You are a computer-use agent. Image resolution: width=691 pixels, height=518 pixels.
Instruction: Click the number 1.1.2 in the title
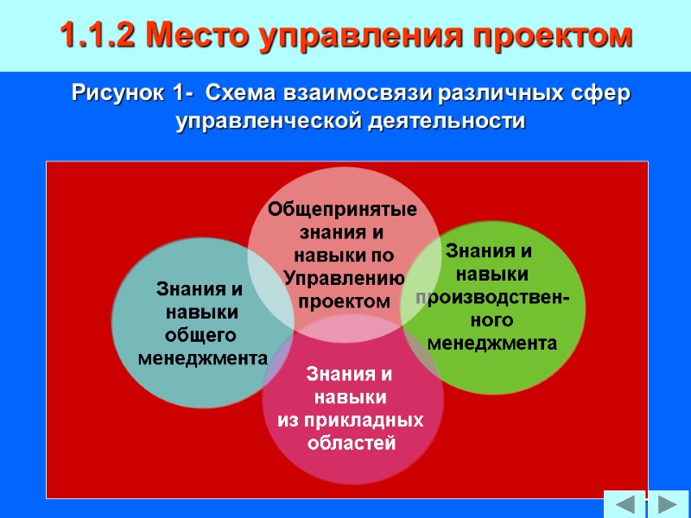[97, 36]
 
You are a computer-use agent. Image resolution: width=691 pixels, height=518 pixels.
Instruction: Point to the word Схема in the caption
[243, 92]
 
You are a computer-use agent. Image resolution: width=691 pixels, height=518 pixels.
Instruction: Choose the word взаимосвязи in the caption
[362, 92]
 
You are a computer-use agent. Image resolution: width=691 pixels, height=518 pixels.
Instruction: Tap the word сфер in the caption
[605, 92]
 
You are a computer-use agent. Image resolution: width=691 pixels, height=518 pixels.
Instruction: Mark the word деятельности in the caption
[441, 122]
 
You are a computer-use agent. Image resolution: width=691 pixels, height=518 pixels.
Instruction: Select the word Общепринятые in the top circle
[342, 209]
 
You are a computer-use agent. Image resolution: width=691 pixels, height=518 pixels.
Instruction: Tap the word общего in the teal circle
[200, 334]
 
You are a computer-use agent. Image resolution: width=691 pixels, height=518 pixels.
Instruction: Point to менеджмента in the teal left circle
[203, 357]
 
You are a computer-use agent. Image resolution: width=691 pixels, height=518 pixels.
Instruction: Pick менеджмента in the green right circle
[492, 344]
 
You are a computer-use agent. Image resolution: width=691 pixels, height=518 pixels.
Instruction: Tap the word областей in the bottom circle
[352, 444]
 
